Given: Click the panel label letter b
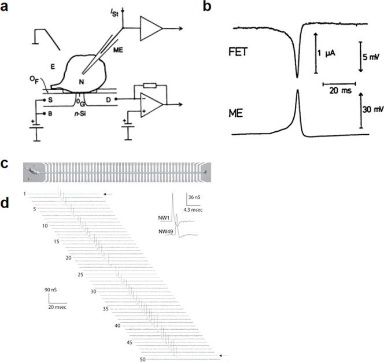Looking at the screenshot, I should pyautogui.click(x=211, y=6).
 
